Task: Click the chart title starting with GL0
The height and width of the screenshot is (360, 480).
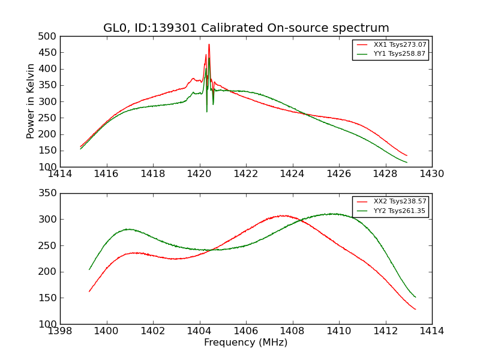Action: pos(246,28)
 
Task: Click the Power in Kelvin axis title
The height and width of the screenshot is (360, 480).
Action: pos(31,101)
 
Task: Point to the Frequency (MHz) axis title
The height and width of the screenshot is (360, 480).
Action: pos(246,343)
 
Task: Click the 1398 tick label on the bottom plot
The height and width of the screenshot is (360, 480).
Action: pos(61,331)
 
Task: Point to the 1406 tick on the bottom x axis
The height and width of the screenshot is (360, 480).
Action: pos(246,331)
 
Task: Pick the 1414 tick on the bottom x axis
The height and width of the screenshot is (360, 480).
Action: pos(432,331)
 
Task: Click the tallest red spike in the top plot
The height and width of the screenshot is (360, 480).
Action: pos(209,44)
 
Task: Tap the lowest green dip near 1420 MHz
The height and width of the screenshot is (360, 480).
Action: pos(207,111)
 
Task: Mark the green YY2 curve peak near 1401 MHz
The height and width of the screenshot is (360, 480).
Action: pos(128,229)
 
